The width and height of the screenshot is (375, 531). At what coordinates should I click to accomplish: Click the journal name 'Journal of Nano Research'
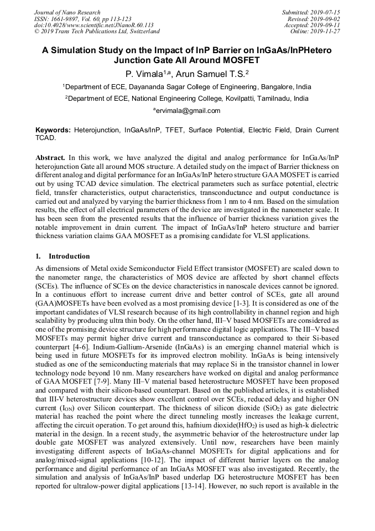67,12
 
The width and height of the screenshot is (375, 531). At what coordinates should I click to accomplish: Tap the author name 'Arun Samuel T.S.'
212,74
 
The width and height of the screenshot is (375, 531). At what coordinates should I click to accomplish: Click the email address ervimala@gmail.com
189,111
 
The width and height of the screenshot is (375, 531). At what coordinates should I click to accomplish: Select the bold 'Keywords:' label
53,130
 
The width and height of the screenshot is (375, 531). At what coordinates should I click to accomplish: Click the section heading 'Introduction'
69,256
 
